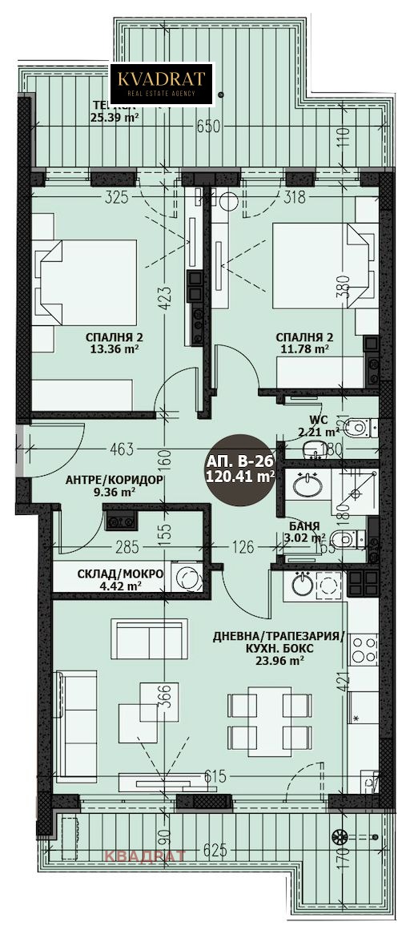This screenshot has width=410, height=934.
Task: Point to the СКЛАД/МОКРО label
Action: [x=109, y=575]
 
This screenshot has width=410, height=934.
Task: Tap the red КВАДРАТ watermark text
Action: [x=147, y=856]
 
